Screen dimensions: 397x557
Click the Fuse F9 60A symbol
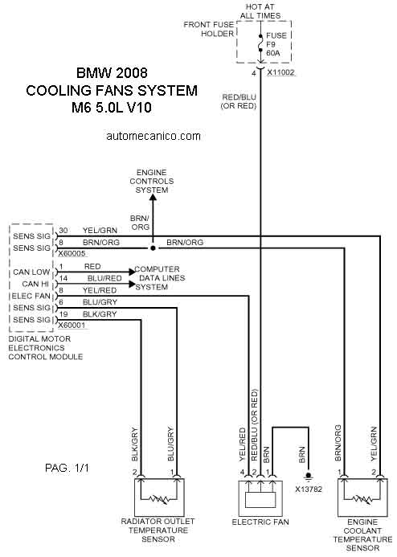(x=260, y=43)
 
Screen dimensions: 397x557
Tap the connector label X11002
(x=280, y=72)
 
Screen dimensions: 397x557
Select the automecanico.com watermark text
(x=153, y=136)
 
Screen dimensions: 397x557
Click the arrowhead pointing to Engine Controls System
(x=153, y=199)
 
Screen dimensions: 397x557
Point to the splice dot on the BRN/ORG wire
(x=153, y=248)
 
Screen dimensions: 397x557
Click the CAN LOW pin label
(x=31, y=272)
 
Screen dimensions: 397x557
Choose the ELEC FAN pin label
(x=31, y=296)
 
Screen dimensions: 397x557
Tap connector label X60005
(x=72, y=254)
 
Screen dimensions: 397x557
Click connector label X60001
(x=72, y=325)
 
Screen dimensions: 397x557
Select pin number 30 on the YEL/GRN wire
(x=63, y=230)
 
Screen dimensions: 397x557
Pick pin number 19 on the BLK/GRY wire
(x=63, y=314)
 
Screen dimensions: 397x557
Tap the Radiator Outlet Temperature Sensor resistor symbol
(x=159, y=499)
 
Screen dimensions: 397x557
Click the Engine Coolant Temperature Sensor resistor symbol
(x=362, y=499)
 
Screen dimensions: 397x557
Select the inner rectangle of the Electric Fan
(x=260, y=500)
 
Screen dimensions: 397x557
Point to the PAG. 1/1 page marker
(x=67, y=468)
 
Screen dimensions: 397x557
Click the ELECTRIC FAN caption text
(x=260, y=522)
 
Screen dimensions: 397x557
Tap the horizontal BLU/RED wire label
(x=104, y=278)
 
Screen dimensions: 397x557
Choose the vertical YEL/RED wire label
(x=243, y=444)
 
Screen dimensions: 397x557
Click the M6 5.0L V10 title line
(x=112, y=107)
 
